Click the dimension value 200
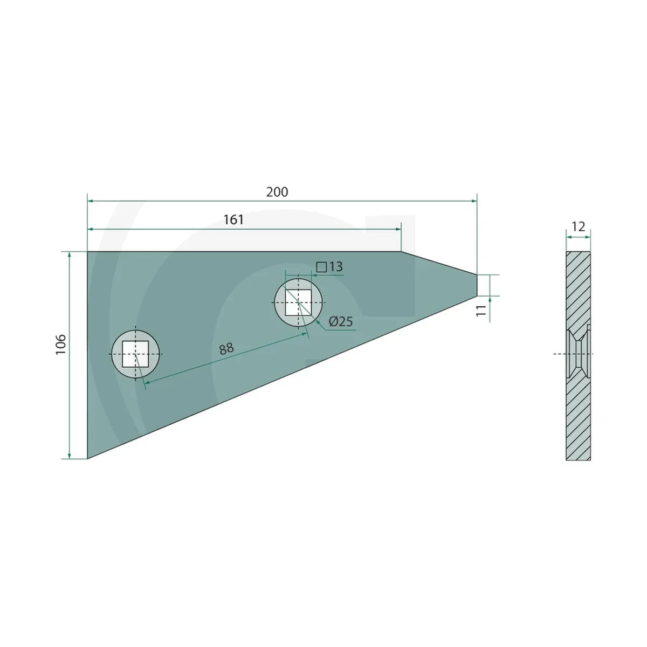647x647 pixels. (x=277, y=192)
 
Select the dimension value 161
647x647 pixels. (x=233, y=220)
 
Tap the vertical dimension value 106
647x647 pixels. (x=61, y=345)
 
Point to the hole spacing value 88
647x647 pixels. (x=226, y=348)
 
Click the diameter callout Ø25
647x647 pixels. (x=341, y=322)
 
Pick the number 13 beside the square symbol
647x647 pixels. (x=336, y=267)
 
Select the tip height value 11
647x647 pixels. (x=481, y=310)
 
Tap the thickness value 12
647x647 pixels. (x=578, y=227)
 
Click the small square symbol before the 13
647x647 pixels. (x=321, y=267)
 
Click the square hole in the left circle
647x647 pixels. (x=135, y=354)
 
